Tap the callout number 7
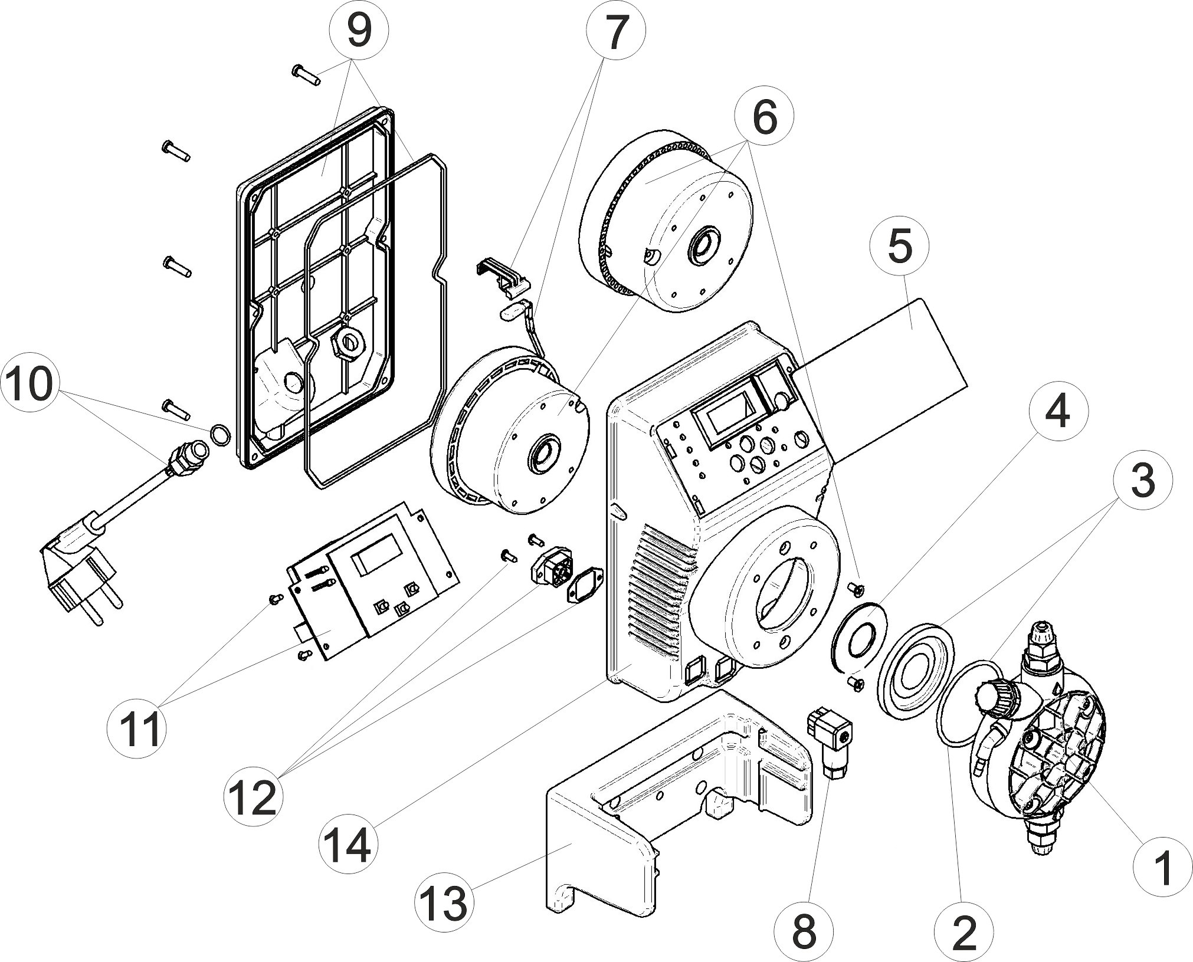tap(615, 34)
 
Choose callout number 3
tap(1142, 482)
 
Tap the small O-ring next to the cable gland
tap(219, 435)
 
